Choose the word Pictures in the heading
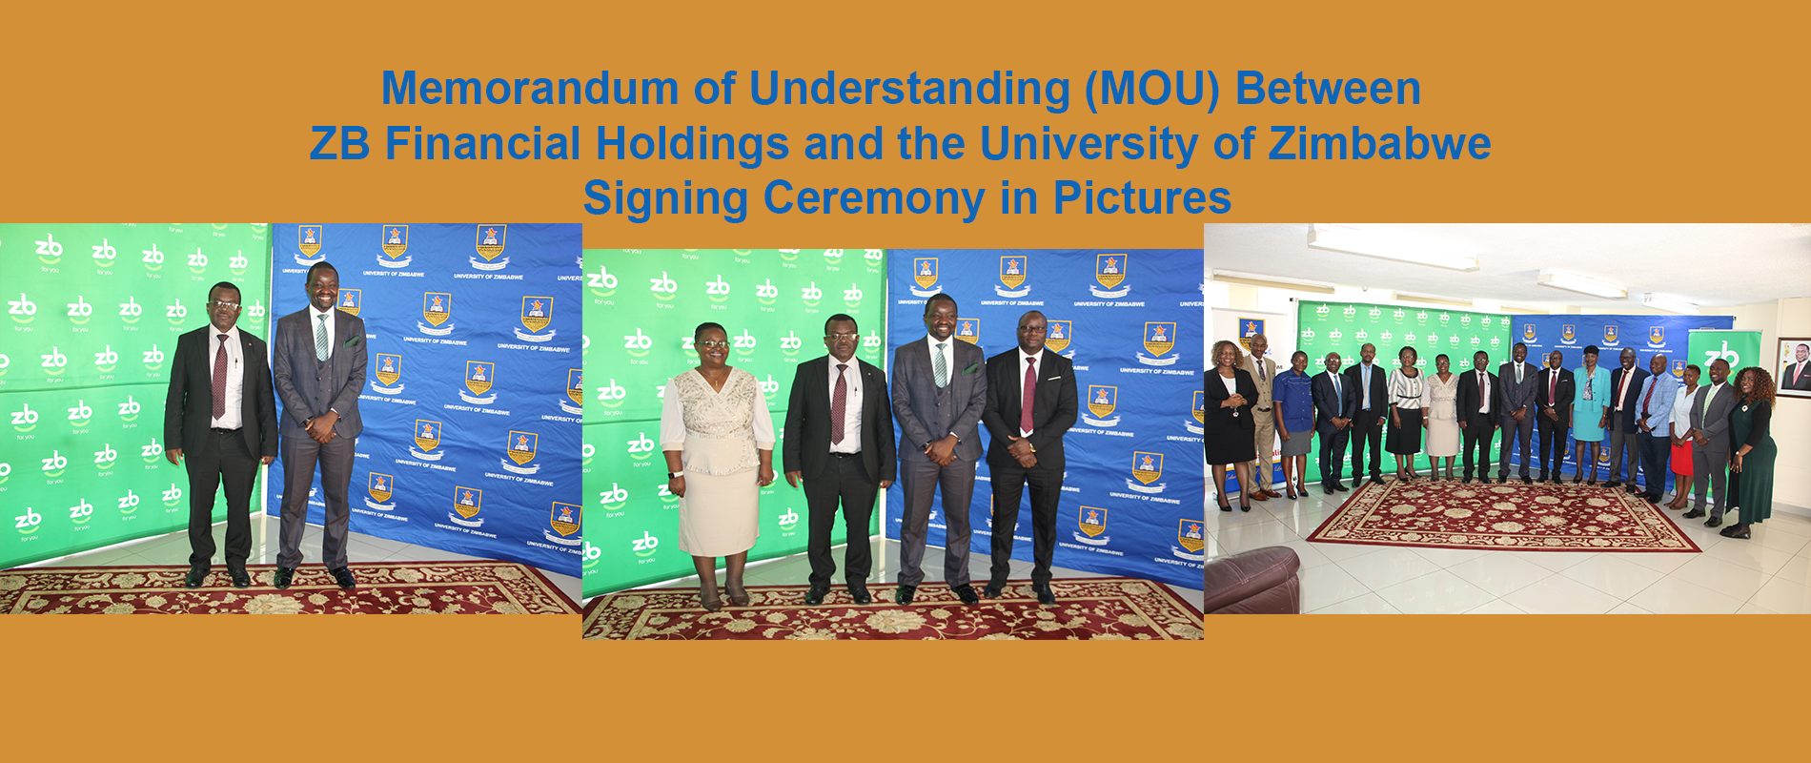pyautogui.click(x=1142, y=198)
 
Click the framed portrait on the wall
pyautogui.click(x=1795, y=365)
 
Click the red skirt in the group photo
pyautogui.click(x=1681, y=456)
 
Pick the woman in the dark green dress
pyautogui.click(x=1752, y=448)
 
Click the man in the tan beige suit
pyautogui.click(x=1261, y=410)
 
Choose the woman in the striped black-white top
pyautogui.click(x=1405, y=405)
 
